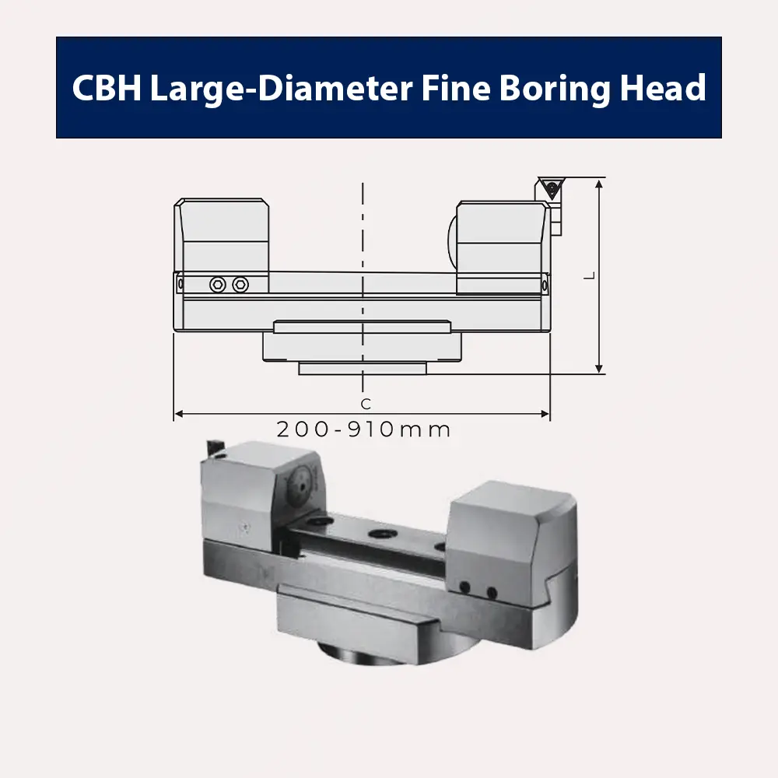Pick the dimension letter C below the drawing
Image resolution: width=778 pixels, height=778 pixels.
click(x=365, y=404)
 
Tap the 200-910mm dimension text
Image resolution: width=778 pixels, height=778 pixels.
click(x=363, y=429)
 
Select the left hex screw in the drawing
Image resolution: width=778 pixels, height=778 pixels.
click(x=218, y=285)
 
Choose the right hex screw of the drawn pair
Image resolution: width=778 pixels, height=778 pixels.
click(x=240, y=285)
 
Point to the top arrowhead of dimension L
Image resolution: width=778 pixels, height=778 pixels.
click(x=599, y=184)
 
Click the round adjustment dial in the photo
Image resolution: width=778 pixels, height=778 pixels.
click(x=302, y=488)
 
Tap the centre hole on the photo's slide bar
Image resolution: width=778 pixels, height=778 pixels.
click(x=381, y=534)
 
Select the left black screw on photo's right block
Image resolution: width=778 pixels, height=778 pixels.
click(x=464, y=587)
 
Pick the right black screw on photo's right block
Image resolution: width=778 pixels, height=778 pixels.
click(x=492, y=593)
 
